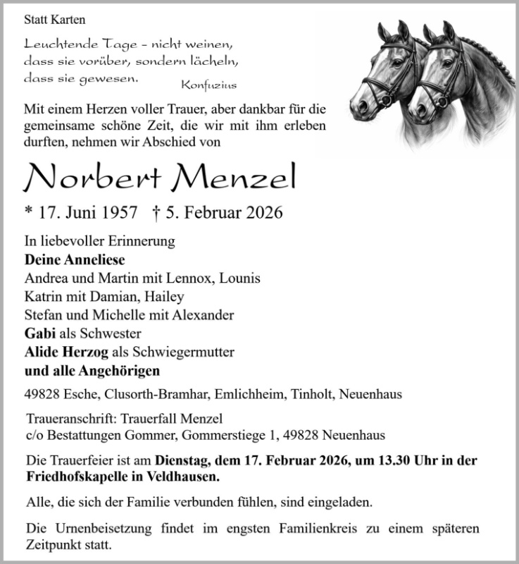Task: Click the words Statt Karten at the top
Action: (54, 20)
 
